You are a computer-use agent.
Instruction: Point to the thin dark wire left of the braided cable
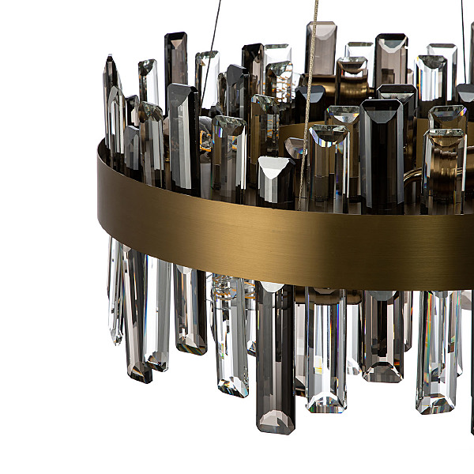click(213, 32)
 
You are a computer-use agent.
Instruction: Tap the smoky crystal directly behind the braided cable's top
click(321, 47)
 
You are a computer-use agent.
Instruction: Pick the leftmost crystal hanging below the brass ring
click(116, 292)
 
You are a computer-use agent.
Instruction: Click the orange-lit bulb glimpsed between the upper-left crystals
click(205, 142)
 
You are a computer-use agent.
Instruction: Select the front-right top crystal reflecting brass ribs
click(444, 166)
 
